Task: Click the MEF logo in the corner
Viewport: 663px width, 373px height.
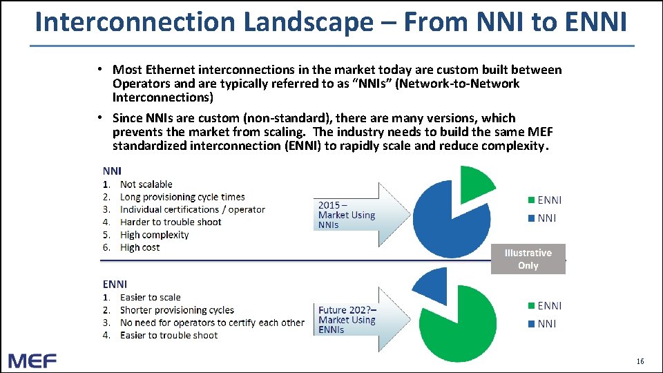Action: point(32,361)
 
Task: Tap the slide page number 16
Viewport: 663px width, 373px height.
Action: point(640,361)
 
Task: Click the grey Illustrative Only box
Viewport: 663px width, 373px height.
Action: point(528,259)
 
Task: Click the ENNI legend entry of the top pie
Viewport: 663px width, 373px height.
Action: point(545,200)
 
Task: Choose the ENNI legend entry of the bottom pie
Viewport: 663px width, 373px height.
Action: point(545,305)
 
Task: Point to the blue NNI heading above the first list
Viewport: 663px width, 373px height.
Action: point(112,171)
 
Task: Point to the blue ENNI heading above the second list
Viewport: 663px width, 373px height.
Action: point(115,284)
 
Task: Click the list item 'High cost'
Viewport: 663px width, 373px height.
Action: point(140,247)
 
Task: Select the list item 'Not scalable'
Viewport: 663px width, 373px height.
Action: point(146,184)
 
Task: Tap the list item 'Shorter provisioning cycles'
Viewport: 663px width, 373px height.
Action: point(177,310)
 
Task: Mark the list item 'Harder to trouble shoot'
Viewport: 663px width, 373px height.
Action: point(171,222)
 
